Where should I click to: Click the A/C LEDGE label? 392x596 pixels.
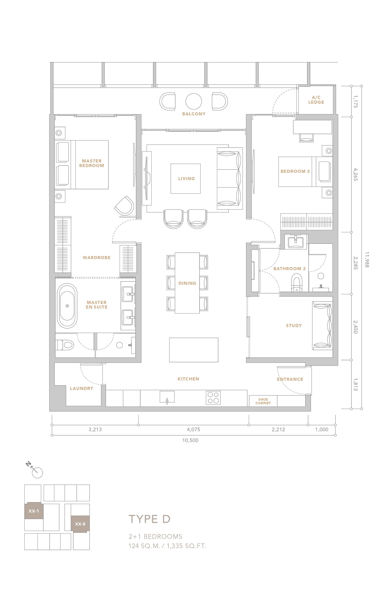pyautogui.click(x=316, y=100)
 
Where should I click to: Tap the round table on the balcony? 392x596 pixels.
pyautogui.click(x=194, y=102)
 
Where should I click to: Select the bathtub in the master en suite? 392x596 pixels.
pyautogui.click(x=67, y=306)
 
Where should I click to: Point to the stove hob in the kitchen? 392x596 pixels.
pyautogui.click(x=213, y=398)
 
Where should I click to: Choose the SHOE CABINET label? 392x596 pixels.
pyautogui.click(x=263, y=401)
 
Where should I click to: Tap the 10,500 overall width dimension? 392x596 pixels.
pyautogui.click(x=190, y=440)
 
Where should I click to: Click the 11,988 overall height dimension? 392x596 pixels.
pyautogui.click(x=367, y=260)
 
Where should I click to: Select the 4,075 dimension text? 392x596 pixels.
pyautogui.click(x=194, y=430)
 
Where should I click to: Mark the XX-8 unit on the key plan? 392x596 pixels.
pyautogui.click(x=80, y=524)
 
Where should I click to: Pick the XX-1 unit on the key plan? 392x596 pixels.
pyautogui.click(x=34, y=511)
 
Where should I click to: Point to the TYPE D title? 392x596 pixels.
pyautogui.click(x=150, y=519)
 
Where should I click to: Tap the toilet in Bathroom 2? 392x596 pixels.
pyautogui.click(x=297, y=282)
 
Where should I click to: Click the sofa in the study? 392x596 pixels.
pyautogui.click(x=322, y=325)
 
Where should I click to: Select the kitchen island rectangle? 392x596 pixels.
pyautogui.click(x=194, y=350)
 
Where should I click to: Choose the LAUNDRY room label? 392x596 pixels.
pyautogui.click(x=82, y=388)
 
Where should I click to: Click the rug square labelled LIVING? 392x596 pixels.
pyautogui.click(x=186, y=179)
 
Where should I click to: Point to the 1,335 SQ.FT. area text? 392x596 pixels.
pyautogui.click(x=186, y=546)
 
